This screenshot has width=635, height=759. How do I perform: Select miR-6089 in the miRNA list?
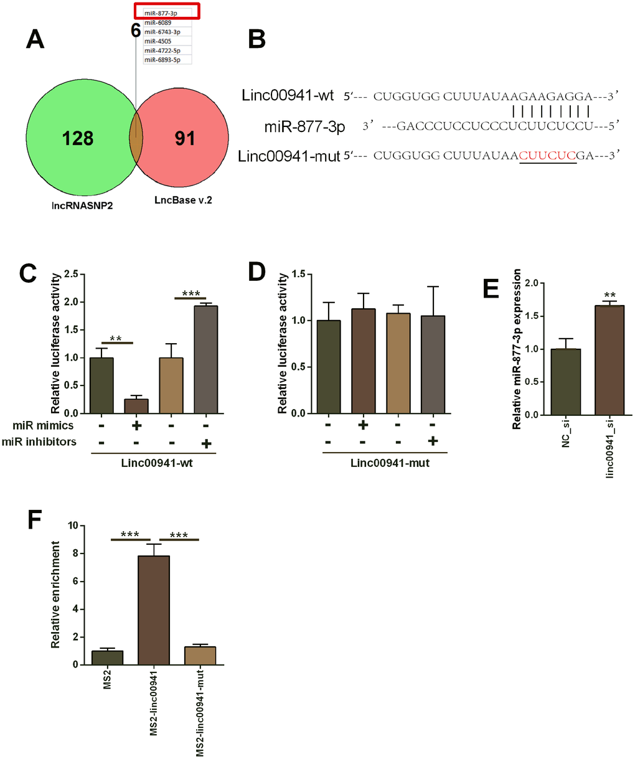(x=158, y=22)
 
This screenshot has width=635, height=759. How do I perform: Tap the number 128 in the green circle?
(x=78, y=138)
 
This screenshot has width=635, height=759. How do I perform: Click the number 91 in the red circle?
(x=185, y=138)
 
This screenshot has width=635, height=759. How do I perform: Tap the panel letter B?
(x=256, y=39)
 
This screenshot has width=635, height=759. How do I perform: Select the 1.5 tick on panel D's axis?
(x=303, y=274)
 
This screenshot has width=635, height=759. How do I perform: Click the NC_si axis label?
(x=566, y=430)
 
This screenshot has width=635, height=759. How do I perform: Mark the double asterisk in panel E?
(x=609, y=295)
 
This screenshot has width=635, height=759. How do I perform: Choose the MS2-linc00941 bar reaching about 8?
(x=153, y=610)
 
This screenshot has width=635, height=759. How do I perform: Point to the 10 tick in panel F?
(x=72, y=526)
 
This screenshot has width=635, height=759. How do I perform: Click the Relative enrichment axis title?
(x=56, y=595)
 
